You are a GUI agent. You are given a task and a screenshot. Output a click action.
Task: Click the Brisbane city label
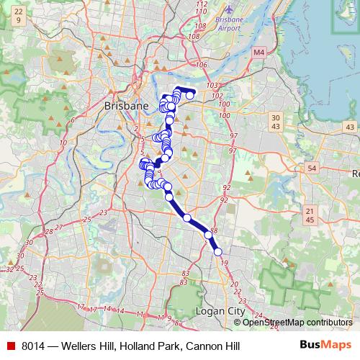coord(126,105)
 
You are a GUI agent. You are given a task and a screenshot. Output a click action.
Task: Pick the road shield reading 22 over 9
coord(17,16)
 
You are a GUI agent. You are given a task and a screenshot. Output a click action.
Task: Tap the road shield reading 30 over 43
coord(276,122)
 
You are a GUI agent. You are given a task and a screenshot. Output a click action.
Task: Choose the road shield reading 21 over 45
coord(310,215)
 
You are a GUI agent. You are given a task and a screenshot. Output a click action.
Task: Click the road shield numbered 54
coord(311,168)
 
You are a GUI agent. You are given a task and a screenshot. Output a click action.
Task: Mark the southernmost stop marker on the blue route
coord(217,251)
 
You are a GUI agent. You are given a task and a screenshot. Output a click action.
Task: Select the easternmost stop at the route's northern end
coord(189,96)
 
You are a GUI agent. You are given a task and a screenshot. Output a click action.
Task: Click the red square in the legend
coord(10,346)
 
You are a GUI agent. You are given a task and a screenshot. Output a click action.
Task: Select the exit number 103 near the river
coord(212,86)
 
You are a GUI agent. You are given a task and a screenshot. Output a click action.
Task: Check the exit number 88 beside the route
coord(214,230)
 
